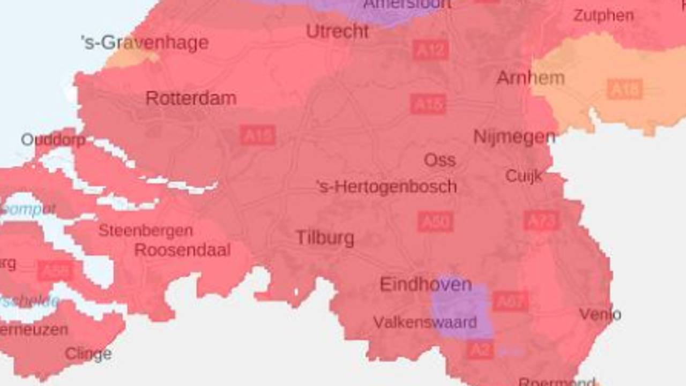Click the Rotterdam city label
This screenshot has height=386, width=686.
click(x=191, y=99)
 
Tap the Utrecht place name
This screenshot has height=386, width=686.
click(x=337, y=32)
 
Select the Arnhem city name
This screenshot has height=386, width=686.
click(x=531, y=78)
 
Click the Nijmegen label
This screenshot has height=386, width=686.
click(x=514, y=137)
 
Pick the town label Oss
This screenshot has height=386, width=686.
click(x=439, y=160)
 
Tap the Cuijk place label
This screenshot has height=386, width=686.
click(x=524, y=176)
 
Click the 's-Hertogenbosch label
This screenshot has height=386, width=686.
click(x=386, y=187)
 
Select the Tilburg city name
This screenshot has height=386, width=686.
click(x=325, y=238)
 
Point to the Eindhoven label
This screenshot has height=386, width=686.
click(x=426, y=285)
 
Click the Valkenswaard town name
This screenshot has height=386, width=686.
click(x=425, y=323)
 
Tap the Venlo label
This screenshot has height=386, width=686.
click(x=600, y=314)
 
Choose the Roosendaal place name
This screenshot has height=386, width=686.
click(x=182, y=250)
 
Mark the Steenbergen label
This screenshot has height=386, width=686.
click(x=145, y=231)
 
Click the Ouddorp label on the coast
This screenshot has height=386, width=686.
click(x=53, y=140)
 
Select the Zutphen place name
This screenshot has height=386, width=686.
click(x=603, y=16)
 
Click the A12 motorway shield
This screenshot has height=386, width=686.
click(x=430, y=50)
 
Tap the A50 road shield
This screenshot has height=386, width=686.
click(x=435, y=221)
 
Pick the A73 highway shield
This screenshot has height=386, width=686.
click(x=541, y=220)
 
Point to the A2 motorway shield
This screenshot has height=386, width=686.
click(x=480, y=350)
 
